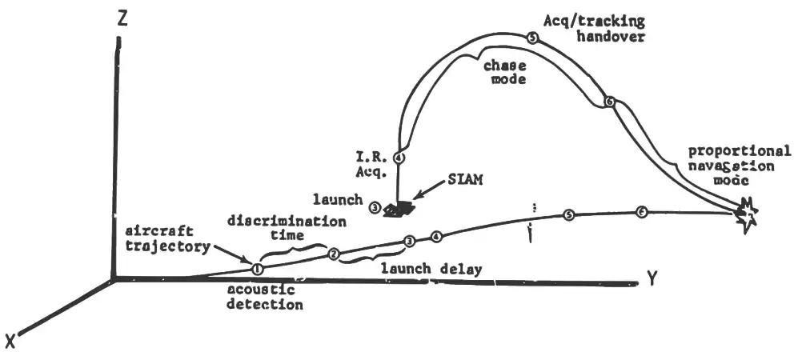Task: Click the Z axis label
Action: [x=122, y=21]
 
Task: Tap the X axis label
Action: [x=11, y=342]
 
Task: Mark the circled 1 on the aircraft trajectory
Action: [x=257, y=268]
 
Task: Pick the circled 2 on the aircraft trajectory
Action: [x=335, y=254]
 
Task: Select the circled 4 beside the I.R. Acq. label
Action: [x=399, y=158]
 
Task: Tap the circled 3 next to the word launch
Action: [x=375, y=208]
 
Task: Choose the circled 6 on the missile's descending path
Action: [x=610, y=102]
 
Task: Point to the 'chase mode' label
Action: [x=501, y=73]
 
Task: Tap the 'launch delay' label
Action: [x=431, y=269]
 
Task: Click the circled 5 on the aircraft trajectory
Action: [x=568, y=214]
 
